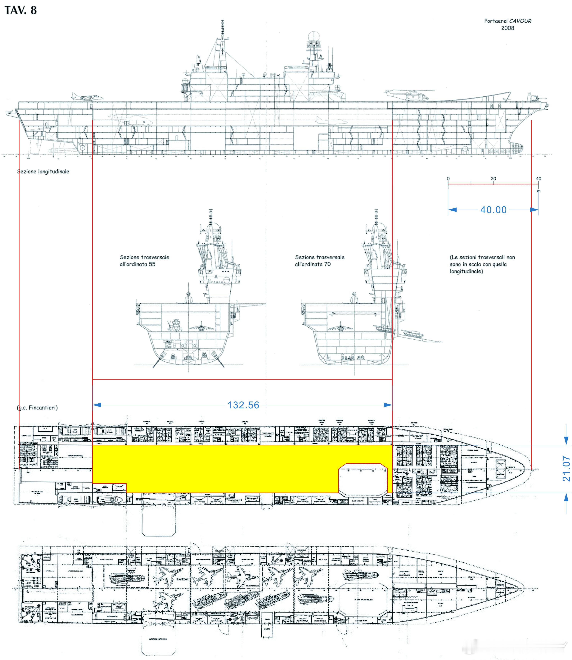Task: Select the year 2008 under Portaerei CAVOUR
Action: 507,28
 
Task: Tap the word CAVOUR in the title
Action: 520,21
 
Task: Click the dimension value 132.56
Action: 243,405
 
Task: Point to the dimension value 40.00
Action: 493,210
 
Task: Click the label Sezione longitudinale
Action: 43,172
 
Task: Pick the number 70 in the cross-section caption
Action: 327,264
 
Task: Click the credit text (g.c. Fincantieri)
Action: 37,408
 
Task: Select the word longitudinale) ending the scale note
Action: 466,271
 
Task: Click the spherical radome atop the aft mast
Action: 314,36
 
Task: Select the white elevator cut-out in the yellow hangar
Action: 363,479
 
